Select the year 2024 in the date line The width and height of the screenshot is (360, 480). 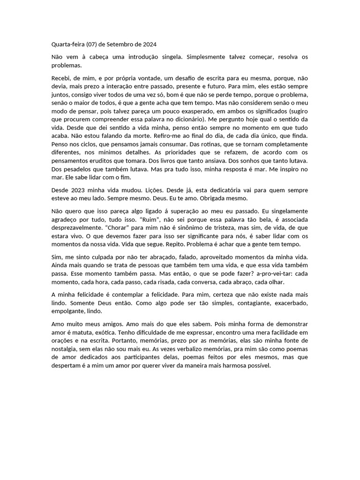(148, 44)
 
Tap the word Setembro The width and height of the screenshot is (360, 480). (121, 44)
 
